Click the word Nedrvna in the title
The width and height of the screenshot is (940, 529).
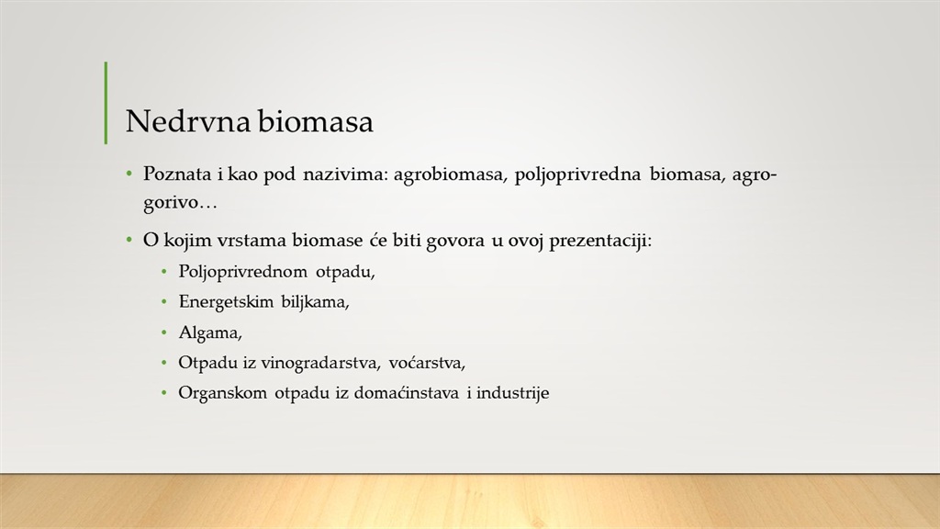coord(187,120)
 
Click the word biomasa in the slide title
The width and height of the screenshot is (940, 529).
coord(316,120)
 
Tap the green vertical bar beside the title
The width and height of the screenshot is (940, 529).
coord(106,103)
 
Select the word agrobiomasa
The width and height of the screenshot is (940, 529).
coord(448,174)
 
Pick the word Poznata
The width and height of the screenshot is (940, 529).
coord(177,174)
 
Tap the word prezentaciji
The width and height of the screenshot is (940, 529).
coord(600,241)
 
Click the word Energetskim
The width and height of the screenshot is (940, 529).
coord(226,301)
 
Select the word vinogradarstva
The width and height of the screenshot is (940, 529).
coord(319,363)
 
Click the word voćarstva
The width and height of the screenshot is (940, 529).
coord(427,363)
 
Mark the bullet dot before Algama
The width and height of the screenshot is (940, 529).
coord(164,332)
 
